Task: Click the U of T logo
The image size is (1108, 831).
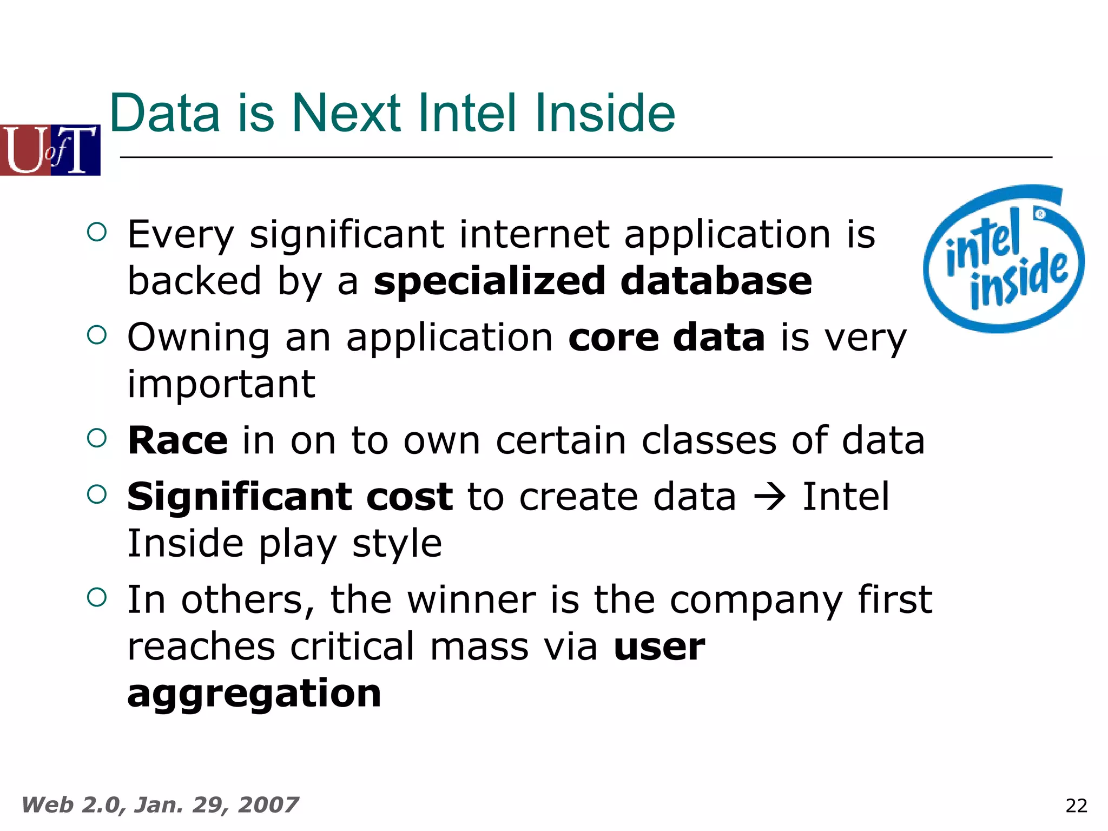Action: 50,150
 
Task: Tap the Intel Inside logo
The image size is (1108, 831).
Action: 1004,259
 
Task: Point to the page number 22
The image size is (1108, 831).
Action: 1076,806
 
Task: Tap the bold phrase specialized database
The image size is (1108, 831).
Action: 592,281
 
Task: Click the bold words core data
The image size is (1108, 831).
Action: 667,338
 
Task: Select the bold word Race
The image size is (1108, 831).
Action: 177,440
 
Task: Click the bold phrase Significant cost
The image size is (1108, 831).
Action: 290,497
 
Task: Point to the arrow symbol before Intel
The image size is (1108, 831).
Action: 769,497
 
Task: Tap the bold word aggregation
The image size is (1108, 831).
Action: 254,694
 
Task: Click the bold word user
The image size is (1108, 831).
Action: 659,647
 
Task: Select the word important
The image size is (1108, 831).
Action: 221,384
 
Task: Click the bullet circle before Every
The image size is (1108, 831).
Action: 97,233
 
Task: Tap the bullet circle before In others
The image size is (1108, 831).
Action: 97,598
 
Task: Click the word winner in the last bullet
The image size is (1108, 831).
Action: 471,601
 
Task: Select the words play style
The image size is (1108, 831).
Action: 351,544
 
